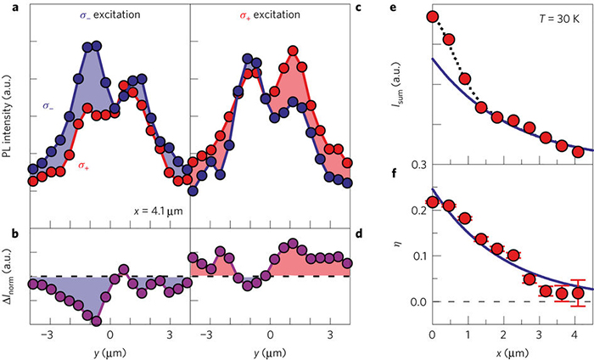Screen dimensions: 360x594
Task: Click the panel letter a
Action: (7, 7)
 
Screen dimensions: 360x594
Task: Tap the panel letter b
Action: (7, 233)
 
